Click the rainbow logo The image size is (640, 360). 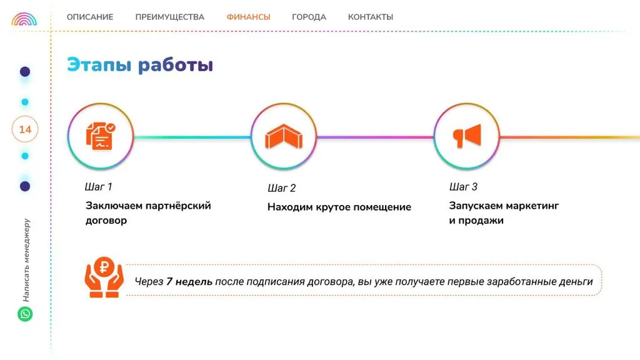[x=24, y=19]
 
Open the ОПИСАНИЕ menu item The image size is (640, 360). [x=90, y=17]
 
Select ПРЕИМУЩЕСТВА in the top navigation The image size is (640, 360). [x=170, y=17]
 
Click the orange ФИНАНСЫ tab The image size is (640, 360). [x=249, y=17]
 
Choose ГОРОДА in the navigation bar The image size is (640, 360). [x=309, y=17]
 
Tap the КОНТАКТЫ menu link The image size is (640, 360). [x=371, y=17]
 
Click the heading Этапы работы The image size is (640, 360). [x=140, y=65]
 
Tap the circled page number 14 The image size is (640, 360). [x=25, y=129]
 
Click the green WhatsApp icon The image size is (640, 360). [x=25, y=314]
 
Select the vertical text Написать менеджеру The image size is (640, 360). [x=26, y=260]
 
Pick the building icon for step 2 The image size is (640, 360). [x=284, y=136]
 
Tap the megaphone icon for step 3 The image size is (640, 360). [x=467, y=136]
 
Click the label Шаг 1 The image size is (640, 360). [x=98, y=187]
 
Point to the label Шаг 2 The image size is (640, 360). [x=282, y=188]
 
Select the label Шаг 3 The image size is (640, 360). [x=463, y=187]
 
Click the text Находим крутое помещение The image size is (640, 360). [x=339, y=207]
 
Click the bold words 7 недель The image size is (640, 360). [x=189, y=282]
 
